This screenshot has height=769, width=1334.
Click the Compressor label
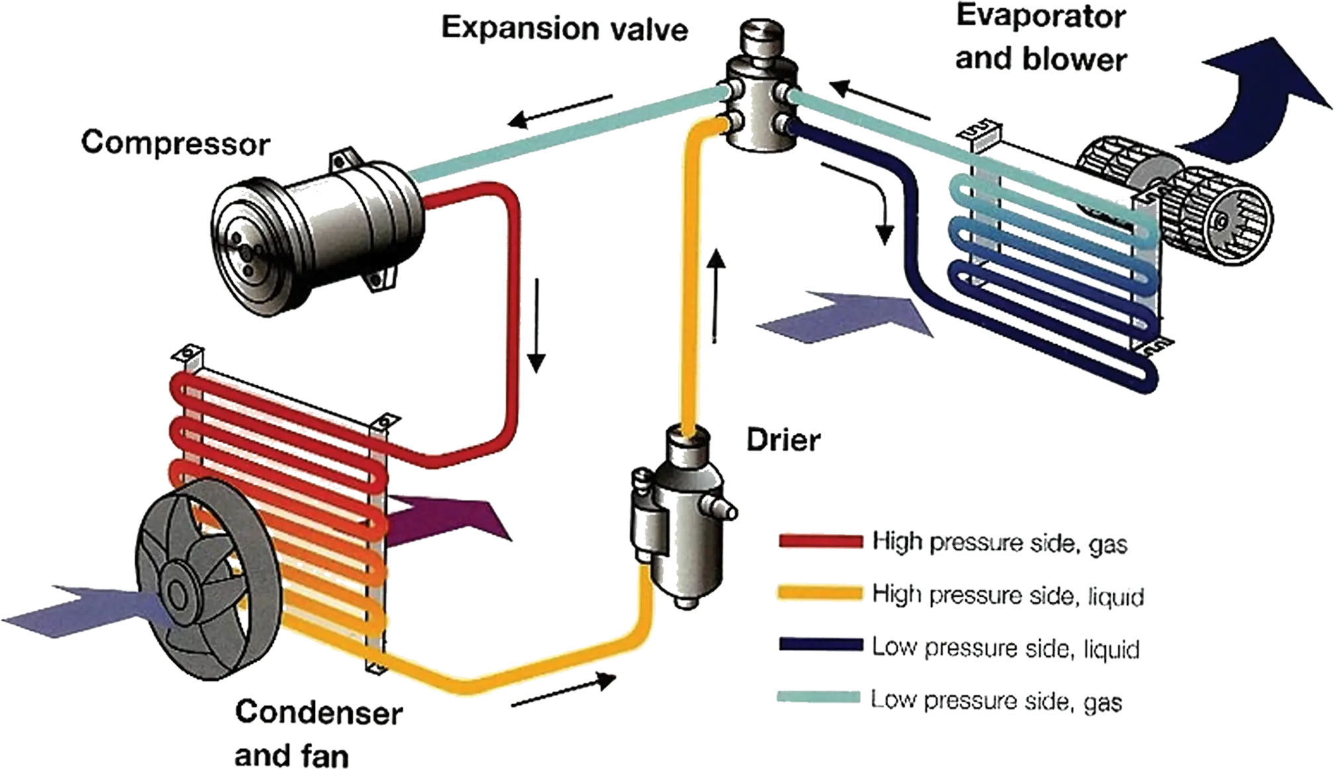(x=175, y=143)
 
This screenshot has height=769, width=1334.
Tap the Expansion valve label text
(x=565, y=29)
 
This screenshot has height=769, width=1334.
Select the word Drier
(x=783, y=439)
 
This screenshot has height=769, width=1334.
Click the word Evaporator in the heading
(x=1041, y=17)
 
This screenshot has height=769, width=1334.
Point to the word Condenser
(x=319, y=713)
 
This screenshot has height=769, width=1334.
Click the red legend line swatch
(x=821, y=541)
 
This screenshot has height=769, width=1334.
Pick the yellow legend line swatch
(x=821, y=593)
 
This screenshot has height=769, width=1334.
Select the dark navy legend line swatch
(x=821, y=645)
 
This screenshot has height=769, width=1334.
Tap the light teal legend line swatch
(x=819, y=697)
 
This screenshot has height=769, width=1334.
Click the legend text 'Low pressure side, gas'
(x=996, y=700)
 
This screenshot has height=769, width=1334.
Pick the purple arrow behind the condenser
(x=443, y=520)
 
